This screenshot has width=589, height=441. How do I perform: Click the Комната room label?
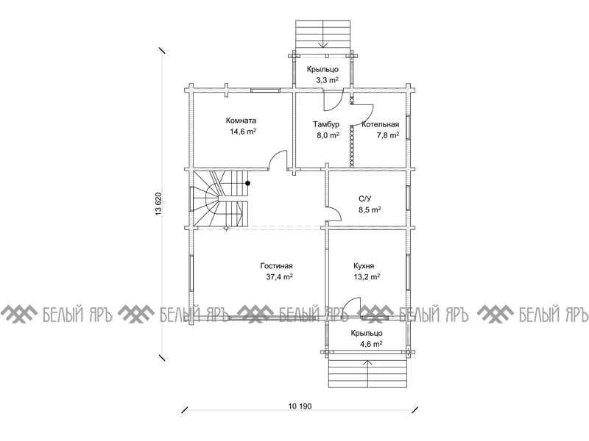click(x=241, y=121)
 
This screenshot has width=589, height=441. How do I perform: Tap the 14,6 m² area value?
click(x=243, y=132)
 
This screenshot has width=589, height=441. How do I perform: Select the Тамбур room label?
click(x=326, y=124)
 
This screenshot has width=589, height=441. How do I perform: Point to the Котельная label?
click(x=380, y=124)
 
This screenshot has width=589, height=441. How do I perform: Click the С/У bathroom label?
click(x=365, y=198)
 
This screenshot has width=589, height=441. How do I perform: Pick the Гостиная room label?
click(x=277, y=266)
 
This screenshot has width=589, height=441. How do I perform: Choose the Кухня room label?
click(x=364, y=266)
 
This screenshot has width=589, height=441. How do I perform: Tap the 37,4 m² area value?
click(x=280, y=277)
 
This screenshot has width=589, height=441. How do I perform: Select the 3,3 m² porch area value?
click(x=328, y=80)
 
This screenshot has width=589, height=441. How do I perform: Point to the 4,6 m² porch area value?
click(x=371, y=344)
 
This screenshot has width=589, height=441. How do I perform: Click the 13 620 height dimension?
click(x=158, y=204)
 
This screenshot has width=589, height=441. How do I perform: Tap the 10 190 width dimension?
click(x=300, y=406)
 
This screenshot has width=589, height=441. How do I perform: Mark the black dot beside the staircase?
click(x=247, y=183)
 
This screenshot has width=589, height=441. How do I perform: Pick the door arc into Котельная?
click(x=370, y=111)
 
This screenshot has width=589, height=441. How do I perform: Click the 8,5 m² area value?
click(x=370, y=210)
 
